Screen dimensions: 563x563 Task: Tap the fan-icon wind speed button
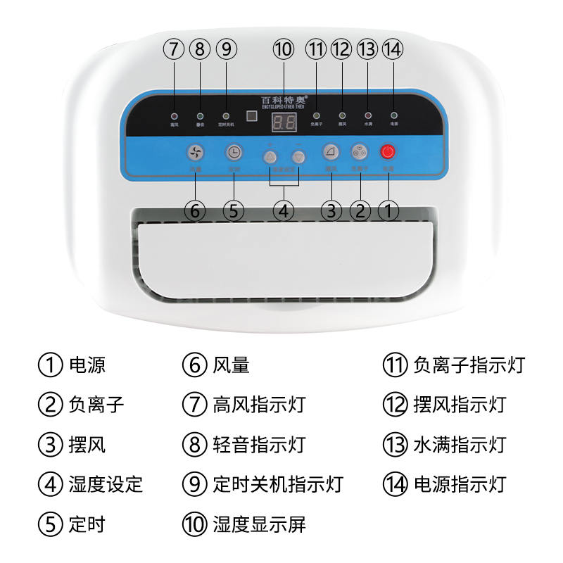(196, 153)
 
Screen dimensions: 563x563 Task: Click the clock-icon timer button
(234, 153)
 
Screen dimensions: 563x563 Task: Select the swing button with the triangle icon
(331, 153)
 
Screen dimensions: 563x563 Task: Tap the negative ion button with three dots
(360, 153)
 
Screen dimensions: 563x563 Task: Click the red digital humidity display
(284, 123)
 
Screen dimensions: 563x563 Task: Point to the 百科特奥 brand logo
(284, 101)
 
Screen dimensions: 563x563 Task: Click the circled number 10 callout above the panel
(283, 49)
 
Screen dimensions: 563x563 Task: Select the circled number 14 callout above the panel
(392, 49)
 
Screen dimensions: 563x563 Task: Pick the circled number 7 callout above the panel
(173, 49)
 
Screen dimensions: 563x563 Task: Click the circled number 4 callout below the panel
(284, 209)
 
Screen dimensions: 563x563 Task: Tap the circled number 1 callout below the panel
(389, 209)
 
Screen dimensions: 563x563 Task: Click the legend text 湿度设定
(106, 484)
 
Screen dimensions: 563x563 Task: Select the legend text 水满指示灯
(460, 445)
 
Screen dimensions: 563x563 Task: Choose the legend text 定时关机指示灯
(277, 484)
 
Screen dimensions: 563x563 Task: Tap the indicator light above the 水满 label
(367, 115)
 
